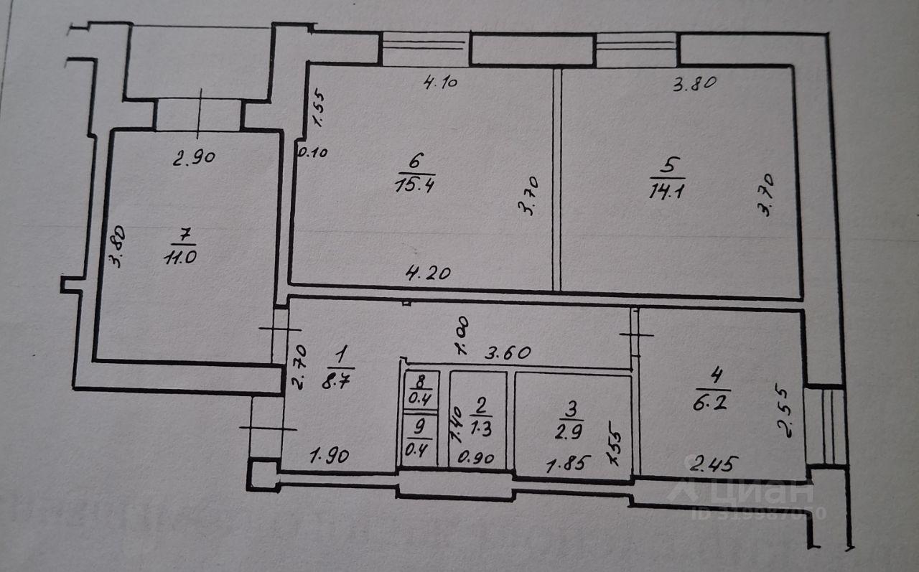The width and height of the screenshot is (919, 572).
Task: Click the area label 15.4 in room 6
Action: (414, 185)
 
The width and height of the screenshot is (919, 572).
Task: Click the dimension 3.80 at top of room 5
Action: (694, 83)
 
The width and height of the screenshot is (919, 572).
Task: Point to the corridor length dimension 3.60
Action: (509, 352)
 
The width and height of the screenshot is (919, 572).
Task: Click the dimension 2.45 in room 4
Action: (710, 463)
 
